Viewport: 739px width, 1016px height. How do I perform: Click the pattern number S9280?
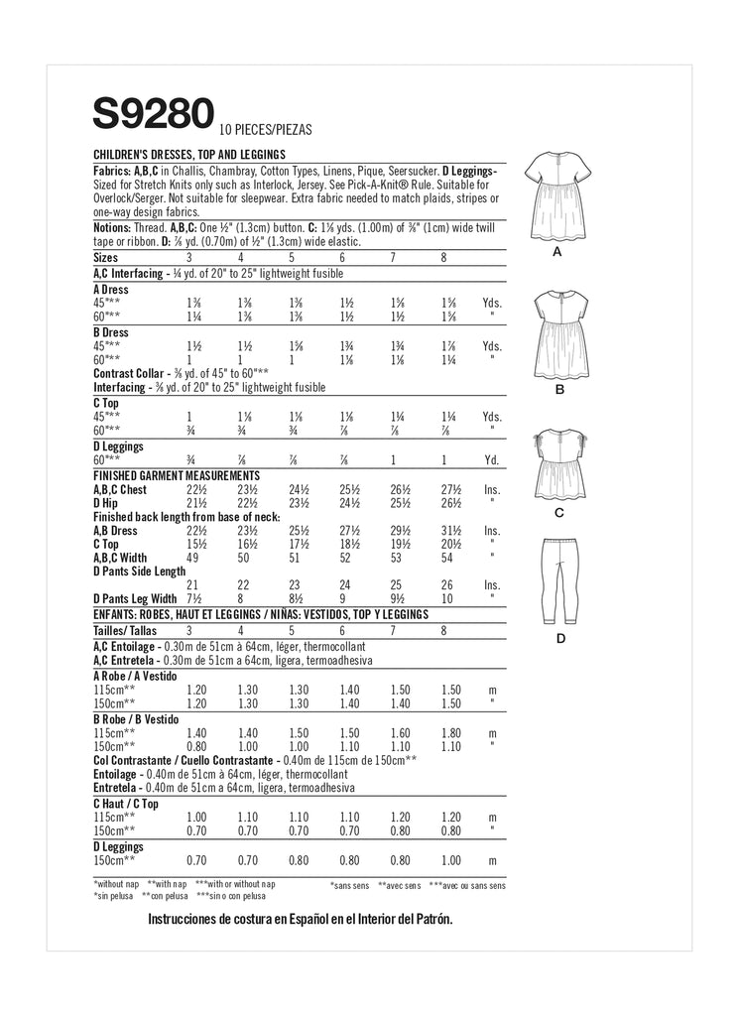[x=154, y=112]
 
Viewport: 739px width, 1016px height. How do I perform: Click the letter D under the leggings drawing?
[x=559, y=638]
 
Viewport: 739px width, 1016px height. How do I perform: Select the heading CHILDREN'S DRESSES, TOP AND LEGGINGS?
[x=189, y=155]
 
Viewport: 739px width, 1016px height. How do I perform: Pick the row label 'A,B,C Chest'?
[x=120, y=490]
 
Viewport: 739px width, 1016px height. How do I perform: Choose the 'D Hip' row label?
[x=106, y=503]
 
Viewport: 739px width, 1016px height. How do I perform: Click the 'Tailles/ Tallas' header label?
[x=126, y=630]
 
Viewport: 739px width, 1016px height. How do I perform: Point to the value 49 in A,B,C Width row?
[x=193, y=559]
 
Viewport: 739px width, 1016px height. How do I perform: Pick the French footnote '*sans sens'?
[x=351, y=884]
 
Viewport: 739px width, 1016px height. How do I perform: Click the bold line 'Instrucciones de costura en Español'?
[x=300, y=920]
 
